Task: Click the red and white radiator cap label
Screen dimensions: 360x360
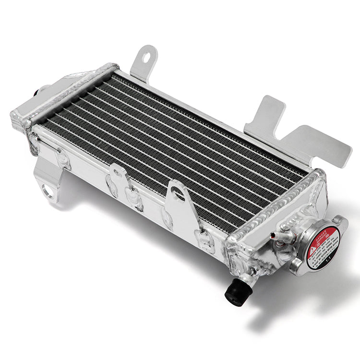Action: tap(323, 244)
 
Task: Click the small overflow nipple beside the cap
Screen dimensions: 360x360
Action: tap(276, 235)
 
